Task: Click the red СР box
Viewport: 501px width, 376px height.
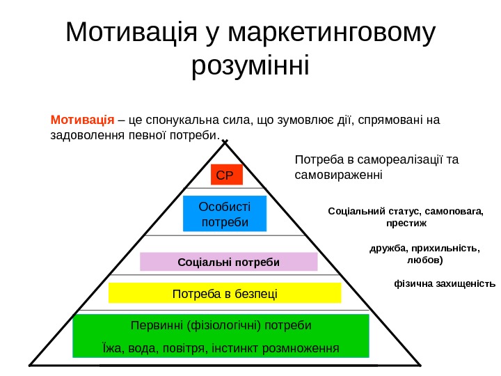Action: pyautogui.click(x=226, y=175)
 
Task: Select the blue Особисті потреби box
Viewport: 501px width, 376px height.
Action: pyautogui.click(x=224, y=214)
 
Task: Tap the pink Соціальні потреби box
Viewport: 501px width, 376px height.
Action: pyautogui.click(x=228, y=262)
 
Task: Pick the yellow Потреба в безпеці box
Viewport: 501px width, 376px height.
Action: pyautogui.click(x=225, y=293)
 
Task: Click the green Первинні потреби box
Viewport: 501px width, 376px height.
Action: pyautogui.click(x=221, y=336)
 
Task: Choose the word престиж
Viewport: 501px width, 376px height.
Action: pyautogui.click(x=406, y=224)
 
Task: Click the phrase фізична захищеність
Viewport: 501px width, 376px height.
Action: pyautogui.click(x=445, y=283)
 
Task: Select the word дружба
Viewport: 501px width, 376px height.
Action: pyautogui.click(x=385, y=247)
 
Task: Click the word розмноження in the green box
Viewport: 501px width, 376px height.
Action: pyautogui.click(x=302, y=347)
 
